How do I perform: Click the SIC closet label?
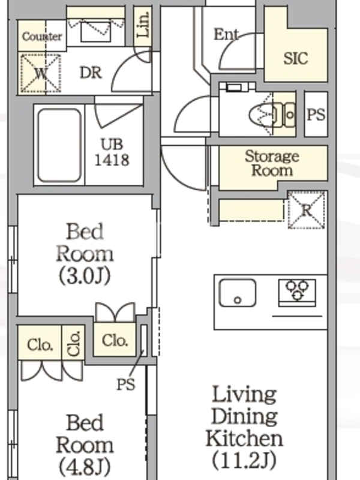pyautogui.click(x=295, y=58)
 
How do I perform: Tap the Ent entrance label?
pyautogui.click(x=226, y=34)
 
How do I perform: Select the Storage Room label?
pyautogui.click(x=272, y=163)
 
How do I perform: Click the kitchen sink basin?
pyautogui.click(x=238, y=293)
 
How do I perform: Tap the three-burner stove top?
pyautogui.click(x=296, y=292)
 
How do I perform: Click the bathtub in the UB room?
pyautogui.click(x=59, y=145)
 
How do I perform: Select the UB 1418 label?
pyautogui.click(x=112, y=152)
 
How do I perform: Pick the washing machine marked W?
pyautogui.click(x=40, y=73)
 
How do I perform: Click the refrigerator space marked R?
pyautogui.click(x=307, y=210)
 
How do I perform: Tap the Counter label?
pyautogui.click(x=42, y=37)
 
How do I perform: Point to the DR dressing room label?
pyautogui.click(x=91, y=73)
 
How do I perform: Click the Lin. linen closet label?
pyautogui.click(x=143, y=25)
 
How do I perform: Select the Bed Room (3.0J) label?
pyautogui.click(x=85, y=254)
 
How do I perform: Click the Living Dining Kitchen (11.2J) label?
pyautogui.click(x=244, y=427)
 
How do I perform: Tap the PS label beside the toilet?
pyautogui.click(x=316, y=115)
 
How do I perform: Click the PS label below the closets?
pyautogui.click(x=126, y=384)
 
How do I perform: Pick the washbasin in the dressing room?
pyautogui.click(x=95, y=32)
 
